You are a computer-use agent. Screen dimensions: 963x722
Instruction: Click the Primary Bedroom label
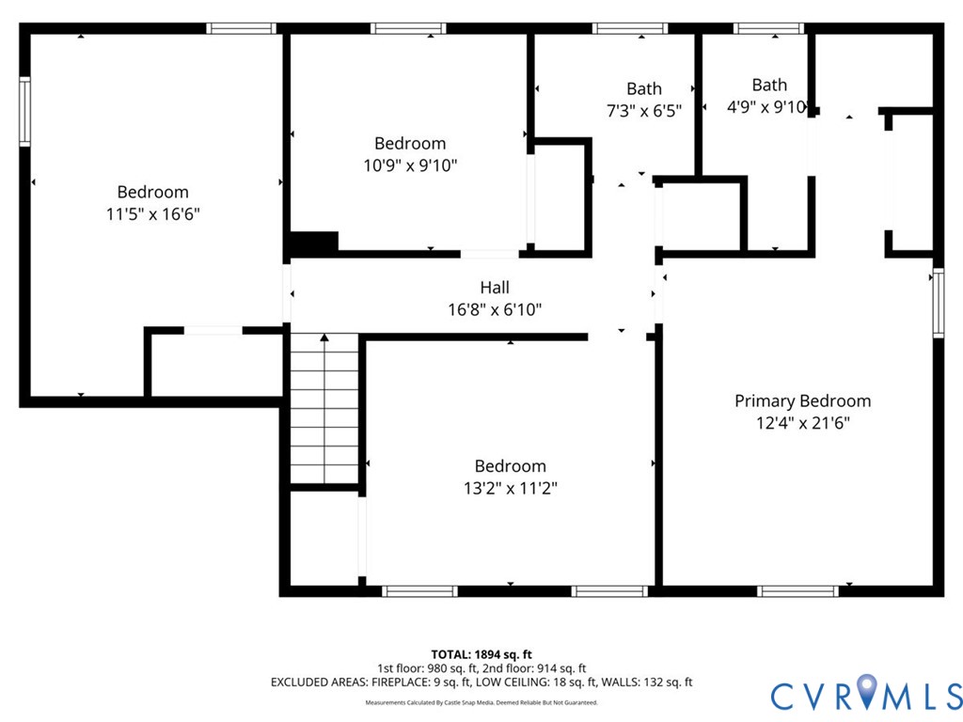(803, 400)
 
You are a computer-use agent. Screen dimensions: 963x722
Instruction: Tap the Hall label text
(495, 288)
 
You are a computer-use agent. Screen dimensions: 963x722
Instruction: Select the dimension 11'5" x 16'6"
(153, 214)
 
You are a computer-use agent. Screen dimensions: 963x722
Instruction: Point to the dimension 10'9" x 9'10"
(410, 165)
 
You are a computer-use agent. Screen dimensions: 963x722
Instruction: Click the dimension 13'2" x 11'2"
(511, 488)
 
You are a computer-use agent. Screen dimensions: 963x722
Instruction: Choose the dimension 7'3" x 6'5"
(644, 111)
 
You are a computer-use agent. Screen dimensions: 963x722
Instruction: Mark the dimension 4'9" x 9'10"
(767, 107)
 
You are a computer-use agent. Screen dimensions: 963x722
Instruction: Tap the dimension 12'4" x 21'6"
(803, 423)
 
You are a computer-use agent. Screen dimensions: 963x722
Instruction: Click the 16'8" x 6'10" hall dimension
(495, 309)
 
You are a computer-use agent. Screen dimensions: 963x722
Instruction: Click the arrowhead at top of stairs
(324, 337)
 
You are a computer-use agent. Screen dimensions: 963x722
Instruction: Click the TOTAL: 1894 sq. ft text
(481, 654)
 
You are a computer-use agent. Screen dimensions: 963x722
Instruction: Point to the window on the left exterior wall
(24, 112)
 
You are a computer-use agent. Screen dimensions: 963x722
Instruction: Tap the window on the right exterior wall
(939, 303)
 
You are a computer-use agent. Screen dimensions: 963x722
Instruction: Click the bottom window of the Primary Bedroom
(797, 591)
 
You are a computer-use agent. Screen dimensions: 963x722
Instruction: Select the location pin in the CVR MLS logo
(866, 690)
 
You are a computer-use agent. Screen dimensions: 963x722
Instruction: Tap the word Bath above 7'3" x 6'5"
(644, 89)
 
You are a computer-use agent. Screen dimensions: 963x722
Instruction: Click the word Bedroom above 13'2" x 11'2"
(511, 466)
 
